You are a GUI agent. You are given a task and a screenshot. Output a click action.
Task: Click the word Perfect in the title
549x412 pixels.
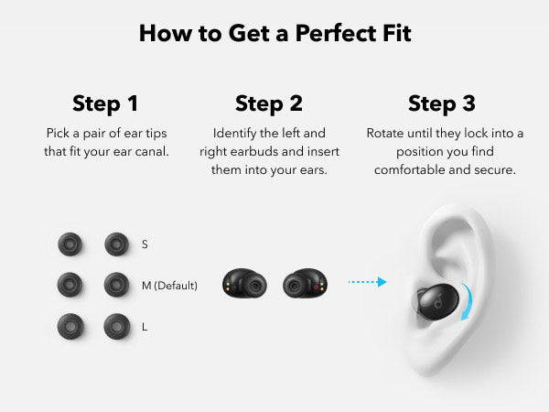336,34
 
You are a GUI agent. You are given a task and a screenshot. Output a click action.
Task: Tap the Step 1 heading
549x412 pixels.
105,104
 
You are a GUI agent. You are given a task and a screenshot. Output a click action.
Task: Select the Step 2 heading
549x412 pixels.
269,104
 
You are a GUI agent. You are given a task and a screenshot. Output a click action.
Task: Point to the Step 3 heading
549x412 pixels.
442,104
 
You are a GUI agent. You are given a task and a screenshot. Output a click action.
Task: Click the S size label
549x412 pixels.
145,244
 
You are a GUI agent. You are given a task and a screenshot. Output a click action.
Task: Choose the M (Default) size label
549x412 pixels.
169,286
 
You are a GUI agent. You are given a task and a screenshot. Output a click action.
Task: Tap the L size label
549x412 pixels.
145,327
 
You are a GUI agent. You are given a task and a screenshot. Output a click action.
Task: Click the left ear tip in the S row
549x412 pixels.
70,244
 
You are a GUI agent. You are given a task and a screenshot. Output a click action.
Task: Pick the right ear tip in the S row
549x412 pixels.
116,244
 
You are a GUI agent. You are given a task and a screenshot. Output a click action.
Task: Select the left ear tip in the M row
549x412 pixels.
70,285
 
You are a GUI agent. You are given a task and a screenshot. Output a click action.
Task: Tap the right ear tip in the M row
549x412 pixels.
116,285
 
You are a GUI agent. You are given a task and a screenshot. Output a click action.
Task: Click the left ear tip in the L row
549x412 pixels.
70,327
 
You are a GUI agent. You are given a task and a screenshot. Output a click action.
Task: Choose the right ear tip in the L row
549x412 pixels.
117,327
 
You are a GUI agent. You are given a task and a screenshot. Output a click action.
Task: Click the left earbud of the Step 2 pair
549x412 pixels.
244,284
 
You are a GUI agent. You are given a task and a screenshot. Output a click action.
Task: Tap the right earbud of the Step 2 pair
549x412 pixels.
306,284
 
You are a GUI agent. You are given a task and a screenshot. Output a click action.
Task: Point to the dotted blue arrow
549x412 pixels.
368,282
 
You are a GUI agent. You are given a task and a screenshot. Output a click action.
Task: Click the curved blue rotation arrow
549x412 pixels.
468,300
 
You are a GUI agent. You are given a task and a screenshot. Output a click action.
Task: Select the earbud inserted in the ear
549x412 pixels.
436,301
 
